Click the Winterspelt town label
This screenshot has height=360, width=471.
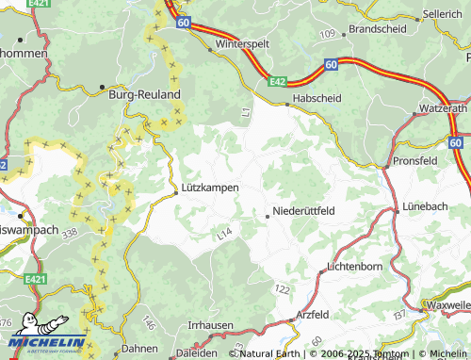click(x=243, y=44)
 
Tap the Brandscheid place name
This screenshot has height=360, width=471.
click(x=377, y=29)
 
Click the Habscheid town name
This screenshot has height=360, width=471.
click(x=319, y=97)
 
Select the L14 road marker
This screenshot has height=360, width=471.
click(x=223, y=231)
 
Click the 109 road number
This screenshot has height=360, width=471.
click(x=327, y=34)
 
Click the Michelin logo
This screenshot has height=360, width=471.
click(x=41, y=342)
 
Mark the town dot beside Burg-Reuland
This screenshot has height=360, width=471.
click(x=102, y=88)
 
